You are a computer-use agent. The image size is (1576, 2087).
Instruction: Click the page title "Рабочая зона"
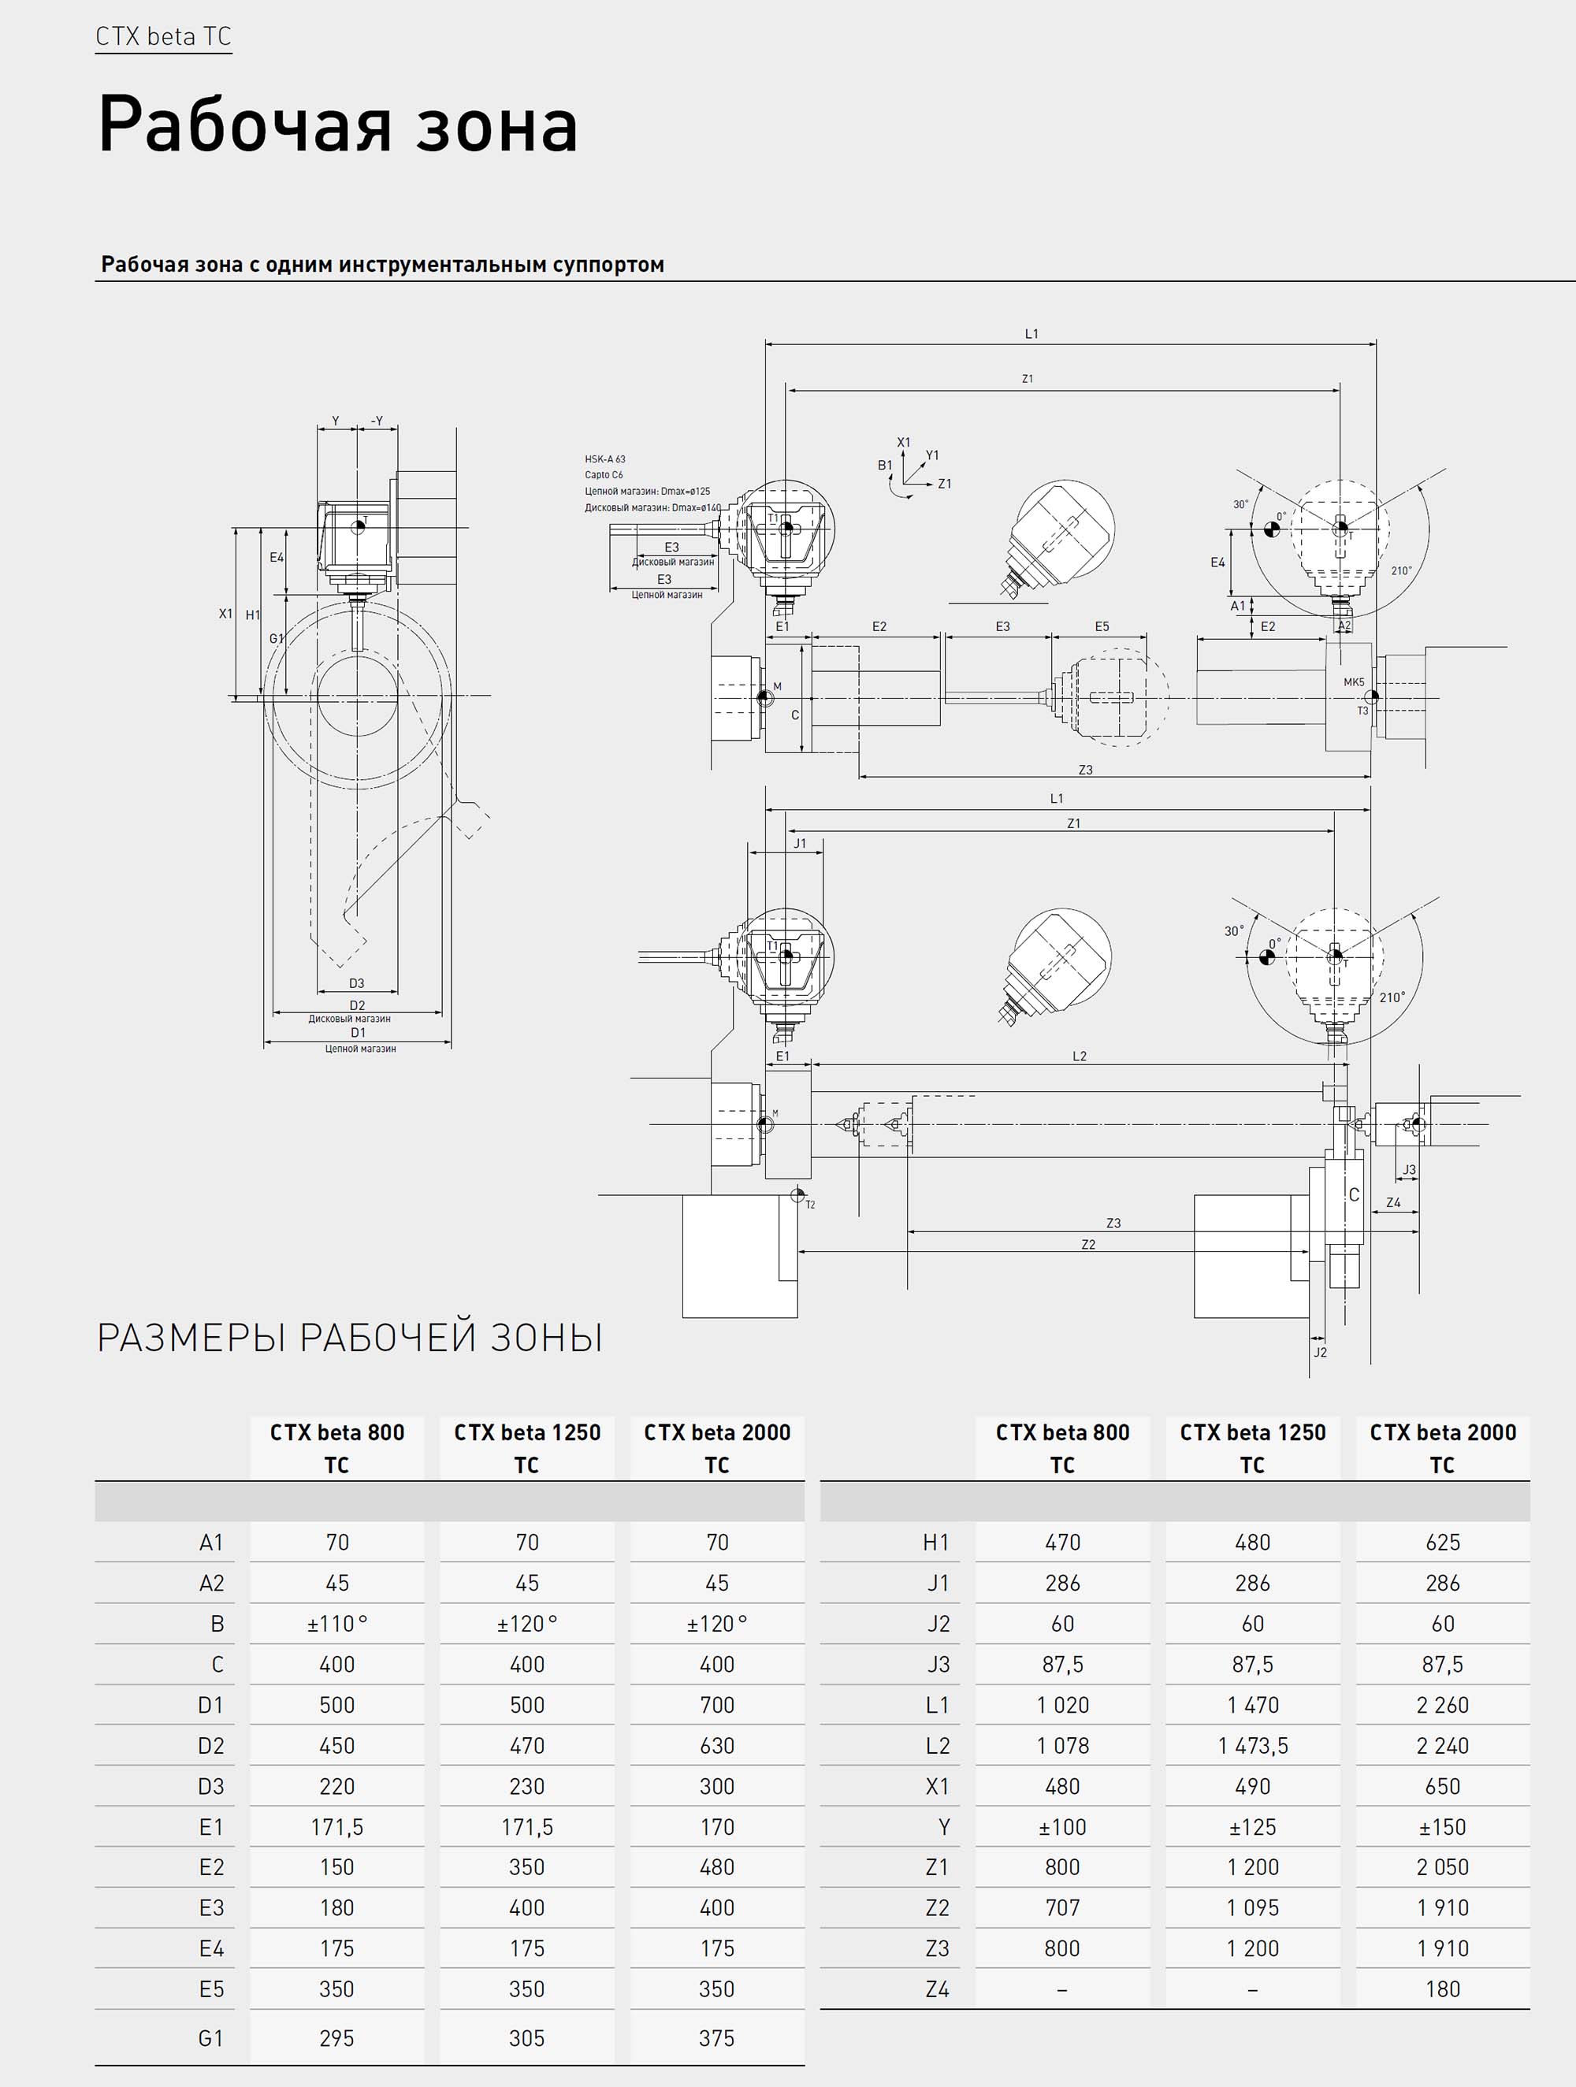338,124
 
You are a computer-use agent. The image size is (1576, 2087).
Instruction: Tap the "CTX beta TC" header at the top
163,37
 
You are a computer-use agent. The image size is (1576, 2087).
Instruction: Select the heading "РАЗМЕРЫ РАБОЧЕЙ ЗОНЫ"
350,1338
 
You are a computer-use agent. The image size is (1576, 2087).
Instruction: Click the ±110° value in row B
337,1624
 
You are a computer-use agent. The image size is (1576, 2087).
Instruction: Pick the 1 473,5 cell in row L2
1252,1745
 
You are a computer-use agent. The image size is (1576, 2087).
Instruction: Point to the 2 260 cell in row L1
1442,1705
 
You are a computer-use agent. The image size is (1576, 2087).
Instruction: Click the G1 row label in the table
210,2038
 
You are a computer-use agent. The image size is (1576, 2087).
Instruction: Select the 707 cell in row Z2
1063,1907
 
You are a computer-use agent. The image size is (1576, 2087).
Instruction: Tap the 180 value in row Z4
1442,1989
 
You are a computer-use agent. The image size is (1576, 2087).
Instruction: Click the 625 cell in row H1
1442,1543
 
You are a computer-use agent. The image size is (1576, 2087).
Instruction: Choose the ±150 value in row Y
1442,1826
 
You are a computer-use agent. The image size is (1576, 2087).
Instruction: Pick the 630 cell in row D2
717,1745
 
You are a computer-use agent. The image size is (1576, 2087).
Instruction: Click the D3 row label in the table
210,1786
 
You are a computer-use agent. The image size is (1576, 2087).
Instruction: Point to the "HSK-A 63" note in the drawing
605,459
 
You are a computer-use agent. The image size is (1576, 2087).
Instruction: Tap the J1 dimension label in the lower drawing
799,844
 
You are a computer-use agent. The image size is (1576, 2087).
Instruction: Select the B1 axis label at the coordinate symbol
884,465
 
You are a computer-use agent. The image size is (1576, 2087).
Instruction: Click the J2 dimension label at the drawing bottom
1320,1352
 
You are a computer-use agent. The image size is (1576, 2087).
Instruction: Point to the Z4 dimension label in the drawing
1393,1203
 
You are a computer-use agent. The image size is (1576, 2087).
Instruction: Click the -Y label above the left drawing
377,421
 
